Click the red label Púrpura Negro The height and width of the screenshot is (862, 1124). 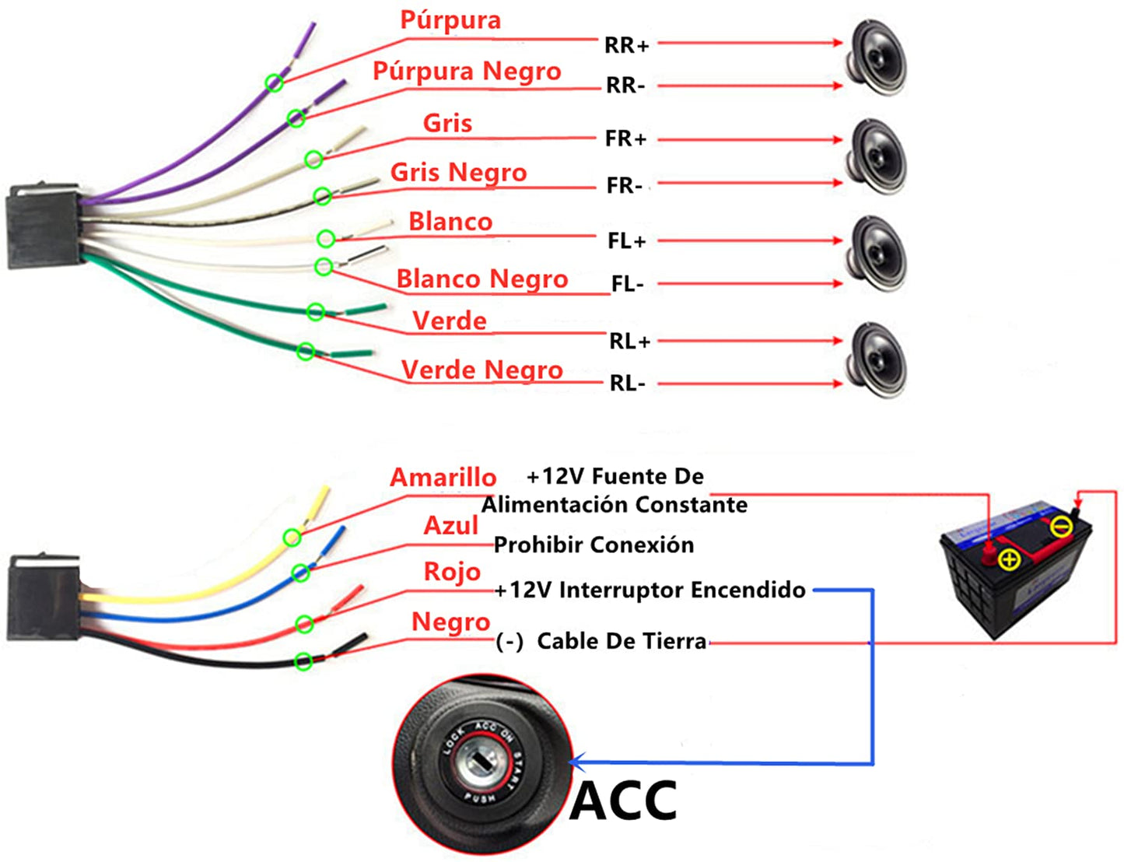click(x=467, y=72)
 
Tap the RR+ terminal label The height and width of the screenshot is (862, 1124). click(x=626, y=46)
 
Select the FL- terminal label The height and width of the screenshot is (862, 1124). click(x=627, y=285)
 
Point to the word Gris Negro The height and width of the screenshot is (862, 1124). click(x=458, y=173)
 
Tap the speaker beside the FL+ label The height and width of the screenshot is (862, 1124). click(x=878, y=253)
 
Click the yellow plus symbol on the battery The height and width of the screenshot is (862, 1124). click(x=1009, y=559)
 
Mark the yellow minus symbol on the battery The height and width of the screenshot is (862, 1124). click(x=1061, y=527)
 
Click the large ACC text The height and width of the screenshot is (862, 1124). click(x=624, y=801)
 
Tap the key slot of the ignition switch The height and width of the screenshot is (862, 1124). click(x=483, y=761)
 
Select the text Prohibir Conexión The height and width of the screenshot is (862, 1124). click(x=594, y=545)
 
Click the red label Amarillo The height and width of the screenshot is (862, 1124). click(x=443, y=478)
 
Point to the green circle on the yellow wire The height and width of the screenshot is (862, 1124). click(x=292, y=537)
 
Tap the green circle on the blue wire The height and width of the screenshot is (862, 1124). click(x=300, y=573)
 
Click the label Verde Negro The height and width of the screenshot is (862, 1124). click(x=481, y=370)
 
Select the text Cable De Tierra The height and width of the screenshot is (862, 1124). click(x=622, y=642)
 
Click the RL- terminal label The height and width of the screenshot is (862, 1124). click(x=627, y=384)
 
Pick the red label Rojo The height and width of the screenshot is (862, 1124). click(x=452, y=572)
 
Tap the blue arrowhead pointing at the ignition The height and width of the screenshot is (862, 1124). click(x=576, y=762)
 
